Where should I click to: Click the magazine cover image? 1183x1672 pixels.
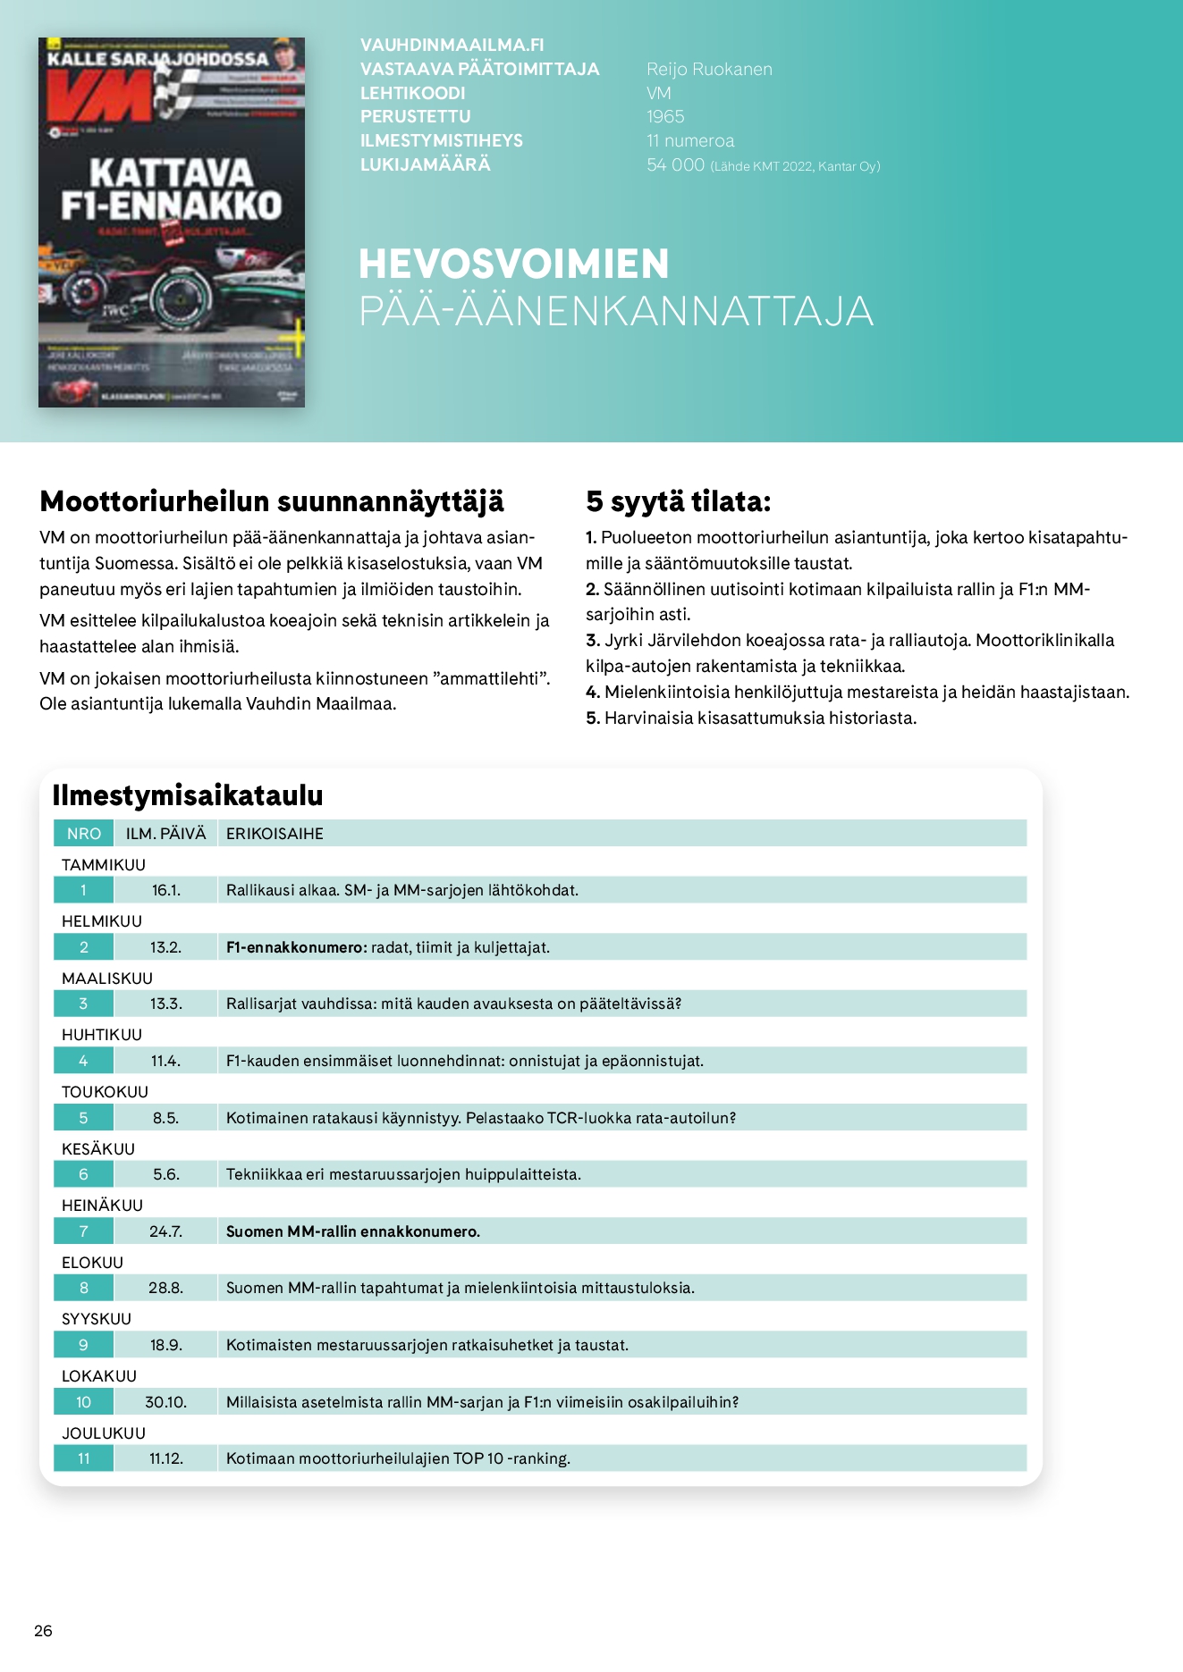click(x=172, y=222)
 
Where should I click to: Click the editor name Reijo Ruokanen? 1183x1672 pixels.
click(x=709, y=70)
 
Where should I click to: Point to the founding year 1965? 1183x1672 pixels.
click(x=665, y=117)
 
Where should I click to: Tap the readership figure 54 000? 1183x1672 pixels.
click(x=675, y=165)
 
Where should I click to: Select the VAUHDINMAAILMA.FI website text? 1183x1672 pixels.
click(x=452, y=46)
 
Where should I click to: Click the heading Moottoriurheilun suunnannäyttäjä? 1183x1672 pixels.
click(x=272, y=501)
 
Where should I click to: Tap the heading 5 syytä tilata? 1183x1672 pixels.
click(x=678, y=501)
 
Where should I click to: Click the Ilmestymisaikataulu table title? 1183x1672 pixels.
click(x=188, y=794)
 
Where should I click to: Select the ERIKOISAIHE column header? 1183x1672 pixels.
click(x=275, y=834)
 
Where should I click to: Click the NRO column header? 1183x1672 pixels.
click(x=84, y=834)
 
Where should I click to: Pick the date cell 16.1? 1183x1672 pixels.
click(x=166, y=890)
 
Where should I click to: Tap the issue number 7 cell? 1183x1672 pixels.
click(x=84, y=1231)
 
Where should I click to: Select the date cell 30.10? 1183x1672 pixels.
click(x=166, y=1402)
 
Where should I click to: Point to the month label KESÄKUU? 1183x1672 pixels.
click(x=98, y=1149)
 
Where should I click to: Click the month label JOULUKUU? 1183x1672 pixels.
click(x=104, y=1433)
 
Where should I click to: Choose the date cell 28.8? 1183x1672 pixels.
click(x=166, y=1288)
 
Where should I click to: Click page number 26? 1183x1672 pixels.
click(x=43, y=1631)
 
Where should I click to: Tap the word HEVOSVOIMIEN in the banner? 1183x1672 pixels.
click(x=513, y=265)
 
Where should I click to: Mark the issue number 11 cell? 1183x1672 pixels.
click(x=84, y=1458)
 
